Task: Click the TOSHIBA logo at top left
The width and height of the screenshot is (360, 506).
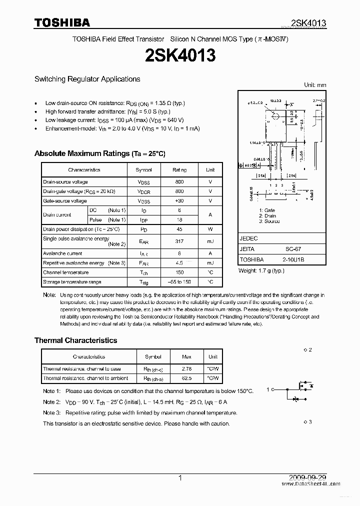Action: point(62,22)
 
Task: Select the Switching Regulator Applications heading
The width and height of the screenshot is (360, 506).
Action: point(87,79)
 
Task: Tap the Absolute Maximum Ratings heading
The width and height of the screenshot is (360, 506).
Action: point(99,153)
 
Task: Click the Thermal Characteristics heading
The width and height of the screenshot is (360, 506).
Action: point(75,340)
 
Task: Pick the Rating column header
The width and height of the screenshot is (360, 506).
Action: point(179,170)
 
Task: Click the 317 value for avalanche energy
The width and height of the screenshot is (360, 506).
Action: point(179,241)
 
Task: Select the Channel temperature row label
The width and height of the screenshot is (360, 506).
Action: point(65,272)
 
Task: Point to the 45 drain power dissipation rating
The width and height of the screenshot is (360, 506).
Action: point(179,229)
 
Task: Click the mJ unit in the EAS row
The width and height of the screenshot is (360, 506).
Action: point(210,241)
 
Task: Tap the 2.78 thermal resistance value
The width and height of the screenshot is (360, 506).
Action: point(186,369)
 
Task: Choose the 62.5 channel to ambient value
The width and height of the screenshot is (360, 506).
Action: point(186,378)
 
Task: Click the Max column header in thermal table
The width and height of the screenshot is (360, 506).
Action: point(186,357)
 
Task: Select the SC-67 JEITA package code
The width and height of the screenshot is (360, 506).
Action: point(293,249)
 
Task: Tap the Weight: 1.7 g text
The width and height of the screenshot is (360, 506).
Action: point(261,270)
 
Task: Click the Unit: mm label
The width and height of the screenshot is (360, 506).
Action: point(315,85)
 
